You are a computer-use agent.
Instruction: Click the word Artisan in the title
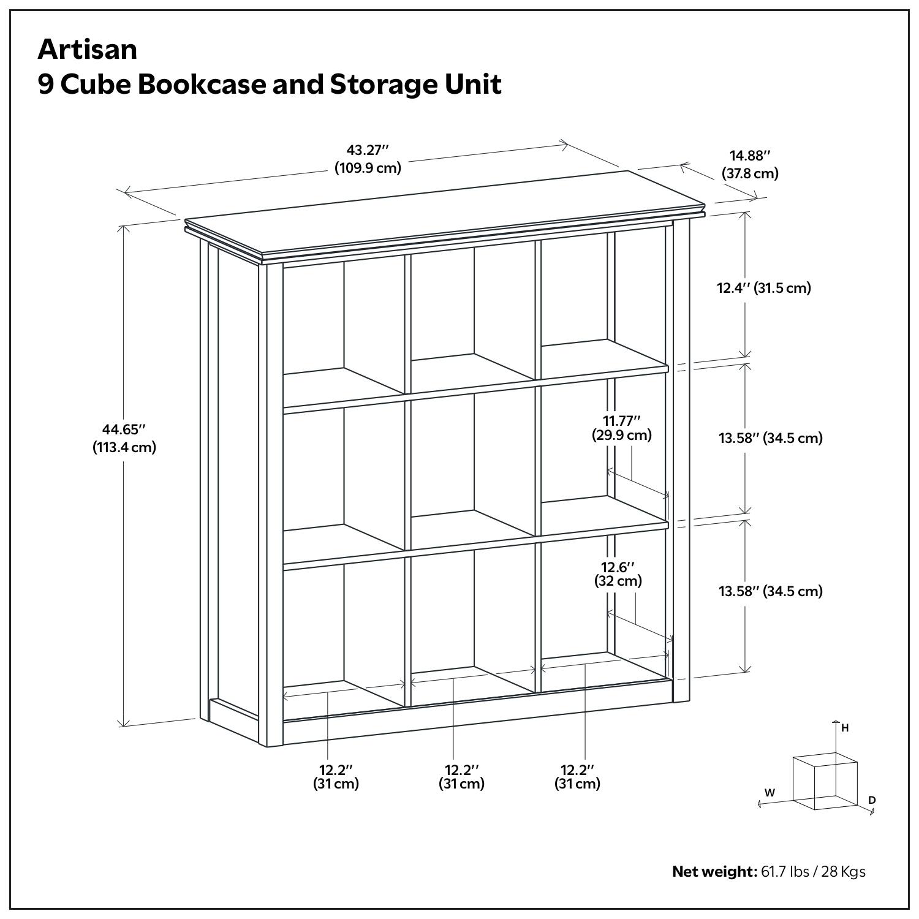(x=87, y=50)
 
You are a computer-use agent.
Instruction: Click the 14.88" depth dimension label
(x=750, y=165)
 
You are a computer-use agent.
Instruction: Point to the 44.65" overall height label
(x=124, y=438)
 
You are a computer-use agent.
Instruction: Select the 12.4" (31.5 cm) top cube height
(x=764, y=288)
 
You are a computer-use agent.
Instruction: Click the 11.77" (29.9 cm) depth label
(x=621, y=428)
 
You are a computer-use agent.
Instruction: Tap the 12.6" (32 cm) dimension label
(x=618, y=573)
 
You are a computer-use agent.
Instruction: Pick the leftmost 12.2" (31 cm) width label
(x=336, y=776)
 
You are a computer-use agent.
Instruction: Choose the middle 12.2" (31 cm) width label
(x=461, y=776)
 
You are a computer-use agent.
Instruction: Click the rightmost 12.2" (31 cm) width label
(x=577, y=776)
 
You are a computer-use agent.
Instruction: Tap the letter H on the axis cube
(x=845, y=728)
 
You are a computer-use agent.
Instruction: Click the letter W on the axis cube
(x=770, y=792)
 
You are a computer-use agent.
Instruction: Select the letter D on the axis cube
(x=872, y=800)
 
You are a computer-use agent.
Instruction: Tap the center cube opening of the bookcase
(x=471, y=466)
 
